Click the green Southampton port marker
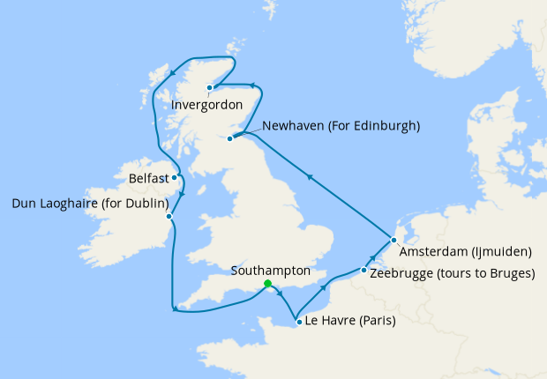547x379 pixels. (x=267, y=283)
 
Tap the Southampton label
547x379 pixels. (x=269, y=269)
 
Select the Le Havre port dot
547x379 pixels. (x=299, y=322)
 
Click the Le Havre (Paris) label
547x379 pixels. (x=349, y=322)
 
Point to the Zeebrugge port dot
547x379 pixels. (x=363, y=270)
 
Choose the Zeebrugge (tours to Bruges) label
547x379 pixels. (x=453, y=273)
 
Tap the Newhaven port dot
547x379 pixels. (x=231, y=137)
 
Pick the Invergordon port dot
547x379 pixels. (x=209, y=87)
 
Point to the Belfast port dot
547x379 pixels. (x=175, y=177)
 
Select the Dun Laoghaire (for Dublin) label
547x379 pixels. (x=90, y=204)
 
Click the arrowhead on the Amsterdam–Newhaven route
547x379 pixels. (x=310, y=177)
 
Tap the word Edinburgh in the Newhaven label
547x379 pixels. (x=384, y=126)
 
